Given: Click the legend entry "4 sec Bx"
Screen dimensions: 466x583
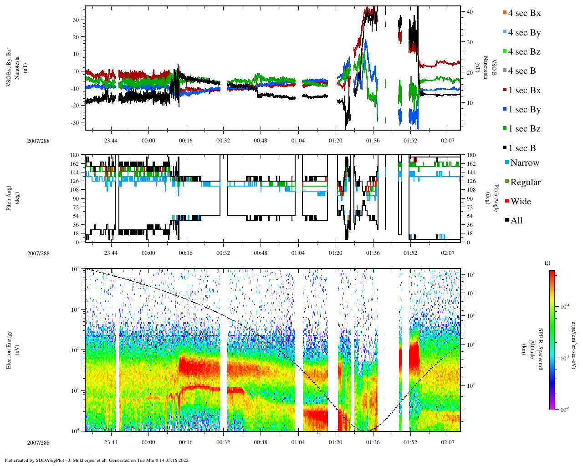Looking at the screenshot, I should pos(524,13).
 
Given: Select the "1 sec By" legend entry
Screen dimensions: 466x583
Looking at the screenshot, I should pos(524,110).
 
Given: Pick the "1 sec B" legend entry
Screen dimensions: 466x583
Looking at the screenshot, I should pos(522,148).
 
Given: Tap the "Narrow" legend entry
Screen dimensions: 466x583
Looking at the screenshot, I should pos(524,163).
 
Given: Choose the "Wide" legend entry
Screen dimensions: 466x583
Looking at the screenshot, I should pos(520,202).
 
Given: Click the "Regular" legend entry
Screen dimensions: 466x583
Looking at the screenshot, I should pos(525,182).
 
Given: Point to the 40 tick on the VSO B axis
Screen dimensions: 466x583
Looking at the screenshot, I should pos(470,12).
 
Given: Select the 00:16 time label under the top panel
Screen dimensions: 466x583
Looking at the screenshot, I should pos(185,141).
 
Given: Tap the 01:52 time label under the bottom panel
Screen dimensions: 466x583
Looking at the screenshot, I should pos(410,442).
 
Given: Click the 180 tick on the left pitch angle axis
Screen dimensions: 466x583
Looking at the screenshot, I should pos(75,155).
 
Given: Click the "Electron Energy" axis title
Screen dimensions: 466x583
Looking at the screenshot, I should pos(9,349).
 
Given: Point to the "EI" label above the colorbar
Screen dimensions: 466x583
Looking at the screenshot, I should pos(547,263).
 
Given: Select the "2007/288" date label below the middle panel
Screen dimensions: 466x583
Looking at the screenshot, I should pos(38,253).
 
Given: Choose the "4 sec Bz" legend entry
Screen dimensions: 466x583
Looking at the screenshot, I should pos(524,52).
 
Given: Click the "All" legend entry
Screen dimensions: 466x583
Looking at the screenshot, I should pos(516,221).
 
